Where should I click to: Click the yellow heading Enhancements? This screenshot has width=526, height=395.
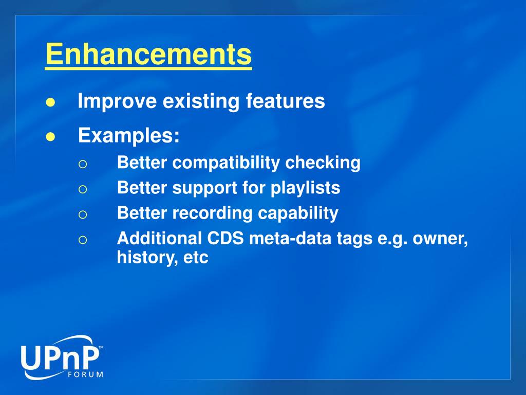click(148, 54)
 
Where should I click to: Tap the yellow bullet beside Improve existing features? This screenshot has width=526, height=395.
click(50, 102)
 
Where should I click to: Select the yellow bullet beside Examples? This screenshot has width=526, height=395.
click(50, 137)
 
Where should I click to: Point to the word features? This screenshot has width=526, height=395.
click(285, 100)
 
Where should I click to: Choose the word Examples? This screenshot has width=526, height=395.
click(129, 136)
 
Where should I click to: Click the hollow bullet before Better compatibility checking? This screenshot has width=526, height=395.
click(83, 164)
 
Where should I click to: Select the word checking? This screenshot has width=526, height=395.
click(323, 163)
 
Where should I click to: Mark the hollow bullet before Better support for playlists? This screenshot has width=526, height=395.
click(83, 189)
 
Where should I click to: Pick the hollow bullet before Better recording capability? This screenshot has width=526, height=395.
click(83, 214)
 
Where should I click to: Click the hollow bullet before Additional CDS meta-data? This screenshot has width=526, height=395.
click(83, 240)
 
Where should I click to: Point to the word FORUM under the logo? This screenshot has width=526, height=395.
click(86, 374)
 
